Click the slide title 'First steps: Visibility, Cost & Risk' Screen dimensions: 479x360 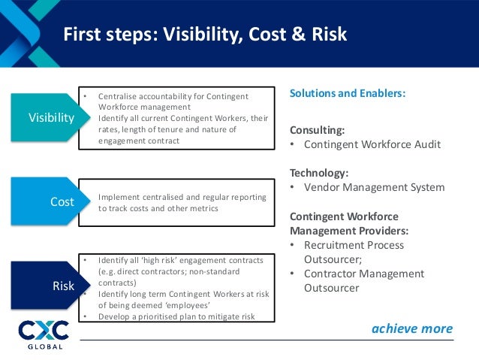coord(203,35)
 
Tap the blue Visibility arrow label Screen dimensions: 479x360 coord(51,118)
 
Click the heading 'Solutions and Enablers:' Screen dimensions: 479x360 coord(348,95)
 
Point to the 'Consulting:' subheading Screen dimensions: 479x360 coord(318,129)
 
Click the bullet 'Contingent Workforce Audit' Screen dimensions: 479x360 coord(372,145)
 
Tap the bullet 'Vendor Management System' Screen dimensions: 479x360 coord(374,187)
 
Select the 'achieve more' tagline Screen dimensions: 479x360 coord(412,328)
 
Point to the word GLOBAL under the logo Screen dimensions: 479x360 coord(44,346)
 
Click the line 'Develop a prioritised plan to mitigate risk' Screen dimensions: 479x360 coord(176,316)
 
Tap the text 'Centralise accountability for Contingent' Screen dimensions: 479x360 coord(173,97)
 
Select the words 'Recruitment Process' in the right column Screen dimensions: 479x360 coord(354,245)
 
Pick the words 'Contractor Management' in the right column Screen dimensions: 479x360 coord(363,274)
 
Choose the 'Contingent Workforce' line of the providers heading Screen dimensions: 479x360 coord(345,217)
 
